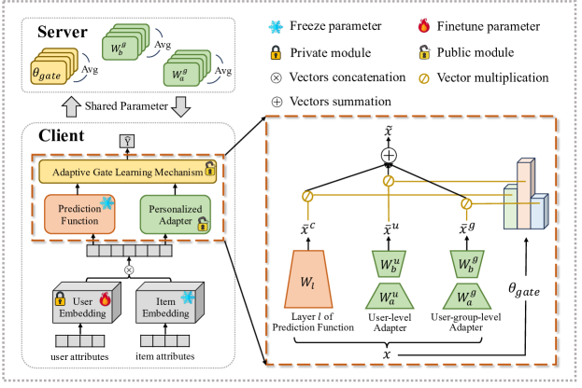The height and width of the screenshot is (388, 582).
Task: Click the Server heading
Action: [64, 35]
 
